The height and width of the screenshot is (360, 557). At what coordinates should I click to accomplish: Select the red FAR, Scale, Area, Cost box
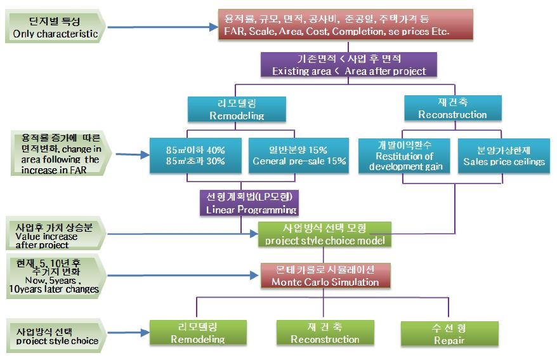(336, 24)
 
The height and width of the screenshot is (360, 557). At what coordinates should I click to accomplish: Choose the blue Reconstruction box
(452, 109)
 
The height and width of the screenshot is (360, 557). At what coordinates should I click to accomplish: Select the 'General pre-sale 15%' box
(299, 155)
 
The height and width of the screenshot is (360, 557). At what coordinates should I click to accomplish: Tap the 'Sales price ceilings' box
(503, 155)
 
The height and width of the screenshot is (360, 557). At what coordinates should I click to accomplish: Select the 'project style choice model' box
(325, 234)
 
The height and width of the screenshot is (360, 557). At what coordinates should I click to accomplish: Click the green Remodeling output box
(197, 333)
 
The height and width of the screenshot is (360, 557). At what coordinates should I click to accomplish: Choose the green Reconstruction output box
(324, 333)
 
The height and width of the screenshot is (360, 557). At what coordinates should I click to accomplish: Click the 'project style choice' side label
(56, 335)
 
